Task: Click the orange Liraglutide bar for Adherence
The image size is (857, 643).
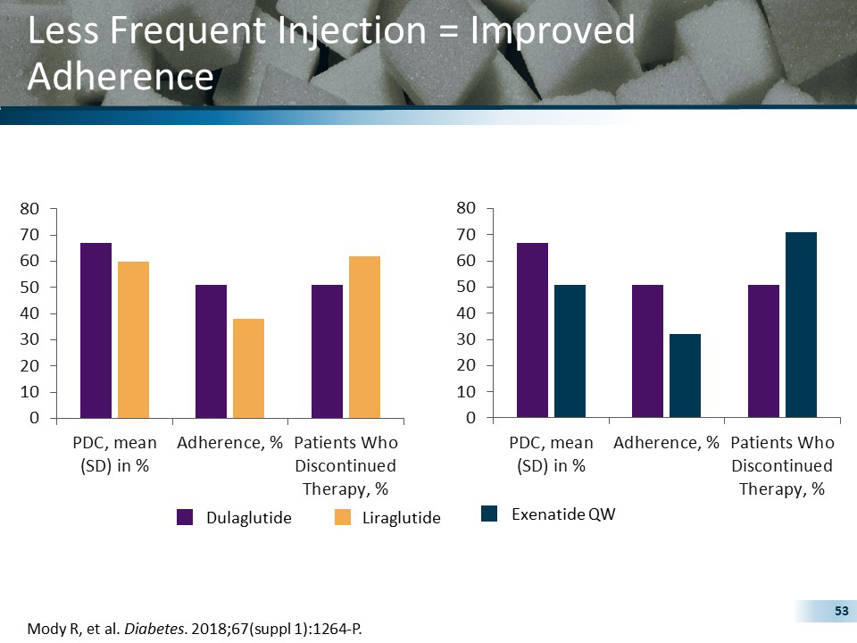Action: [x=248, y=368]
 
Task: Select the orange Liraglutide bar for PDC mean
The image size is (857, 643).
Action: [x=133, y=339]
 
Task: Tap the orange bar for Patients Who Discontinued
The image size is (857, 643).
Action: [x=364, y=337]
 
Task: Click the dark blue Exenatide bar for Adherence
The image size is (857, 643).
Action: [x=685, y=375]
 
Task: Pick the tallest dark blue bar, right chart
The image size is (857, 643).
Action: [x=801, y=324]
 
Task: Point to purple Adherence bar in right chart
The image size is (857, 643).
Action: [x=647, y=351]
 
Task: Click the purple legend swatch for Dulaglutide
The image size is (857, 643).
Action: [x=186, y=517]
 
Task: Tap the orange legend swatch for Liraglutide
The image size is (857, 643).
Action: [x=343, y=517]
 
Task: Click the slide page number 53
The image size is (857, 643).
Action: [x=840, y=611]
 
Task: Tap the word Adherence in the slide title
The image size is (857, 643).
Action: [x=121, y=77]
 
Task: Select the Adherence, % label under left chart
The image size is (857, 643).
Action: [x=229, y=443]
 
